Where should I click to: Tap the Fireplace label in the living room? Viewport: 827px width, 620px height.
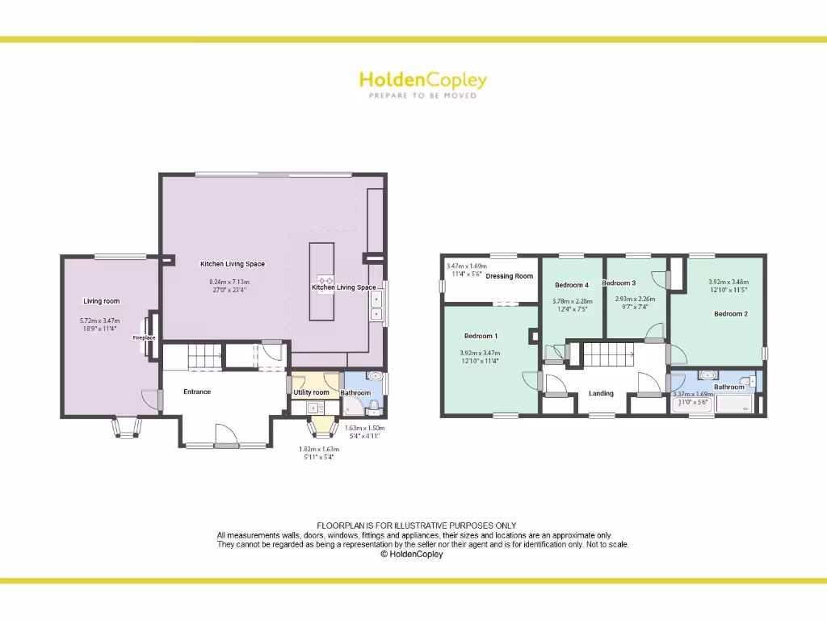coord(145,337)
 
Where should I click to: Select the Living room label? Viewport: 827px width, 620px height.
coord(102,301)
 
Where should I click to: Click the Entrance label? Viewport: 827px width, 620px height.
coord(197,392)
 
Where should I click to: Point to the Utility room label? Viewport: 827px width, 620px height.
coord(311,392)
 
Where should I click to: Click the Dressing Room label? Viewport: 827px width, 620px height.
coord(510,276)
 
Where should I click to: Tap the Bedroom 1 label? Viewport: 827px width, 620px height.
coord(481,336)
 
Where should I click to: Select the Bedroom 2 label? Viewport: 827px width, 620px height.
coord(730,313)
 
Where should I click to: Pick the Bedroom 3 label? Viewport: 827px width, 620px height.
coord(619,283)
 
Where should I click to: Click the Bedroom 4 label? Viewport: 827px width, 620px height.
coord(572,285)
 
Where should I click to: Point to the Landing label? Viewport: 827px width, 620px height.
coord(601,393)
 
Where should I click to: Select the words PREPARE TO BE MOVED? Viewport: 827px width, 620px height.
coord(422,95)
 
